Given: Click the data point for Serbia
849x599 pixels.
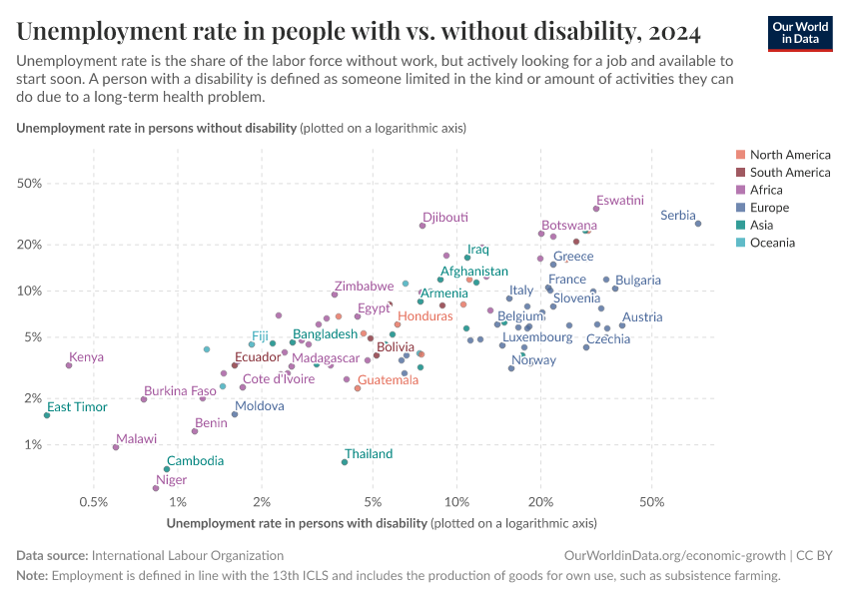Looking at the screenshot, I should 698,224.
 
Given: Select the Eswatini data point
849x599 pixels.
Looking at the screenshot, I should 596,209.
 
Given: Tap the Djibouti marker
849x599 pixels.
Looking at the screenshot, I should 423,226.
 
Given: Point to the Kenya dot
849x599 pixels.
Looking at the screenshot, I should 69,365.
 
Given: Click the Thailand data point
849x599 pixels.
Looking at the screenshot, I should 345,462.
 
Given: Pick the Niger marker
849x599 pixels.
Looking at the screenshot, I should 156,488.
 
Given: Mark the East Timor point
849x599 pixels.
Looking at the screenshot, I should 47,415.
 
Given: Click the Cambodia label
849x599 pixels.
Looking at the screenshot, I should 195,461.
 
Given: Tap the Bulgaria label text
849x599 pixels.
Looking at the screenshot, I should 638,281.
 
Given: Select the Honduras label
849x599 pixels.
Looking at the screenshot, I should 425,315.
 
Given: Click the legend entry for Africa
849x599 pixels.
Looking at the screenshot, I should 766,190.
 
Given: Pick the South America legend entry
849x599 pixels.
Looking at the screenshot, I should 789,172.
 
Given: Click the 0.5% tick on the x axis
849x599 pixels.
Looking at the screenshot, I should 94,500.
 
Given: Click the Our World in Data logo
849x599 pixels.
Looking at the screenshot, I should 799,33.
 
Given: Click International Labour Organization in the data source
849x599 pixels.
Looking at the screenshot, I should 187,555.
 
